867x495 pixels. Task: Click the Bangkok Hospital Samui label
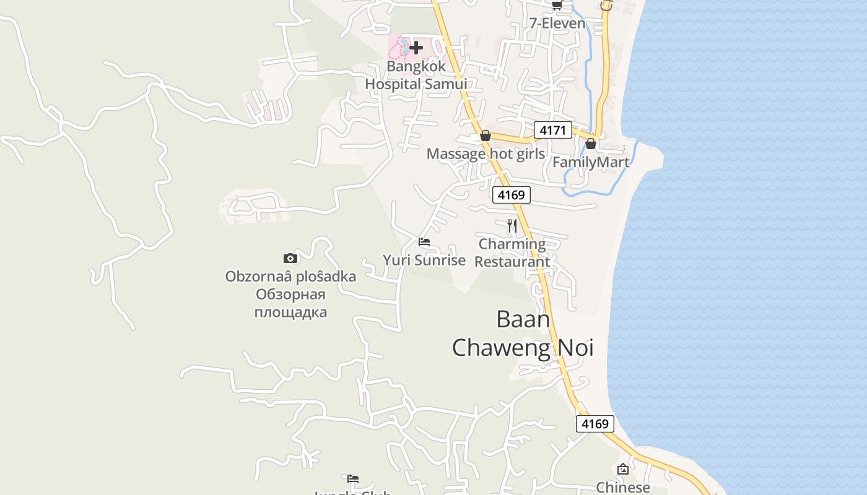[x=416, y=75]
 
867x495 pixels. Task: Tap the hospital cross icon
[x=416, y=47]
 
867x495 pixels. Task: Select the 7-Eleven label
[x=557, y=24]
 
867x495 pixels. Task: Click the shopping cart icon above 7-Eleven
[x=557, y=6]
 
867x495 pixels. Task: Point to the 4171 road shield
[x=552, y=130]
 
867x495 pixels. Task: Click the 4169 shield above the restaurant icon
[x=512, y=195]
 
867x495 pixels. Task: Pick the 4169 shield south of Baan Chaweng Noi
[x=595, y=424]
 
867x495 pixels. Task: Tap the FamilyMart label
[x=590, y=162]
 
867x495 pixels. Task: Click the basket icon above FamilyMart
[x=591, y=144]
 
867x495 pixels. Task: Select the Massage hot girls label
[x=486, y=153]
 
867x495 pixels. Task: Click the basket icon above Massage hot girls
[x=486, y=136]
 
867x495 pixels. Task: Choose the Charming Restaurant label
[x=512, y=252]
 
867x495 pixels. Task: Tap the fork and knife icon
[x=512, y=226]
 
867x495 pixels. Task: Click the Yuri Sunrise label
[x=424, y=260]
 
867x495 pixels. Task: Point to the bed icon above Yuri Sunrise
[x=424, y=242]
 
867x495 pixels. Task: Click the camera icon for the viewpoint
[x=290, y=258]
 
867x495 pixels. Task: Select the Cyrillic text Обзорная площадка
[x=290, y=303]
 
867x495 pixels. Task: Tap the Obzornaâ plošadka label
[x=290, y=276]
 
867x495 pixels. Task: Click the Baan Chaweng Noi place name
[x=523, y=334]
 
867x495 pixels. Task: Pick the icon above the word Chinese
[x=623, y=470]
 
